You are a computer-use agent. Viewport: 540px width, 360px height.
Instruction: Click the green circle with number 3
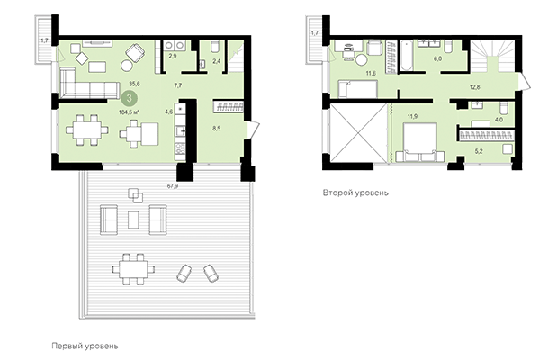[x=131, y=97]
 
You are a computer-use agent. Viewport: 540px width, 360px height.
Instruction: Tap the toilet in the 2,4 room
[x=216, y=49]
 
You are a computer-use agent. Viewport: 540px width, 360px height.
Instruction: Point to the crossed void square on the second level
[x=357, y=134]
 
